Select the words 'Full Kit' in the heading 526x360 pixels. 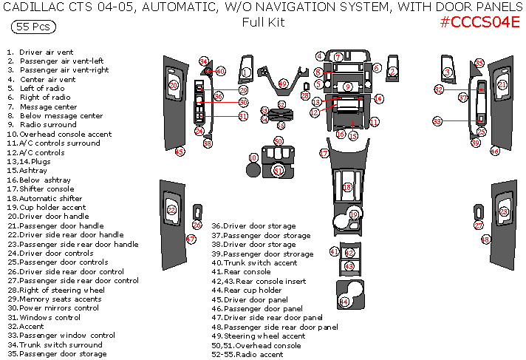point(263,22)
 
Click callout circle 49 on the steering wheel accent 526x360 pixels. point(282,84)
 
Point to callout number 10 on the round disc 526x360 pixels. point(253,157)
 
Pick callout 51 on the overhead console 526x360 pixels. point(278,171)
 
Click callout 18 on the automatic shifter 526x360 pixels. point(347,188)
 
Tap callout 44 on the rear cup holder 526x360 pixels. point(344,302)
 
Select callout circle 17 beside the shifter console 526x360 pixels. point(324,153)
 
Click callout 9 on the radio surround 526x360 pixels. point(347,87)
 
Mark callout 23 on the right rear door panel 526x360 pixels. point(504,211)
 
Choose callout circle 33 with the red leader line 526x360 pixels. point(437,120)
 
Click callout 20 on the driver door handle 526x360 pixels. point(174,85)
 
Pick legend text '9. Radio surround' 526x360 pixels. point(42,125)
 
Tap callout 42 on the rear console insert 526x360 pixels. point(349,254)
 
